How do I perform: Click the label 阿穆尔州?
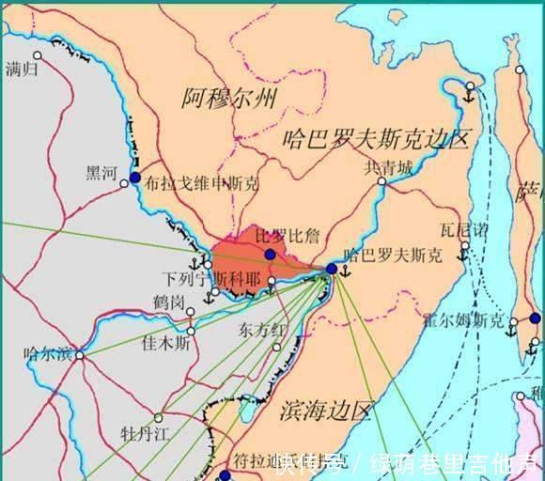tap(229, 96)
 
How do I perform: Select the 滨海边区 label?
tap(328, 411)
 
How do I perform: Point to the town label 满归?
tap(23, 68)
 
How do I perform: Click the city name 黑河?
tap(101, 172)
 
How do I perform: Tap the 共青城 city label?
tap(388, 167)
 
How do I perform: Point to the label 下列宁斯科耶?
tap(209, 279)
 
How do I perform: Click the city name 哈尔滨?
tap(45, 354)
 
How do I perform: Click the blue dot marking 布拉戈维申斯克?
tap(136, 178)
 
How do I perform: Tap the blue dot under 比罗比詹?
tap(271, 255)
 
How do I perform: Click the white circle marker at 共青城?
tap(381, 180)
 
